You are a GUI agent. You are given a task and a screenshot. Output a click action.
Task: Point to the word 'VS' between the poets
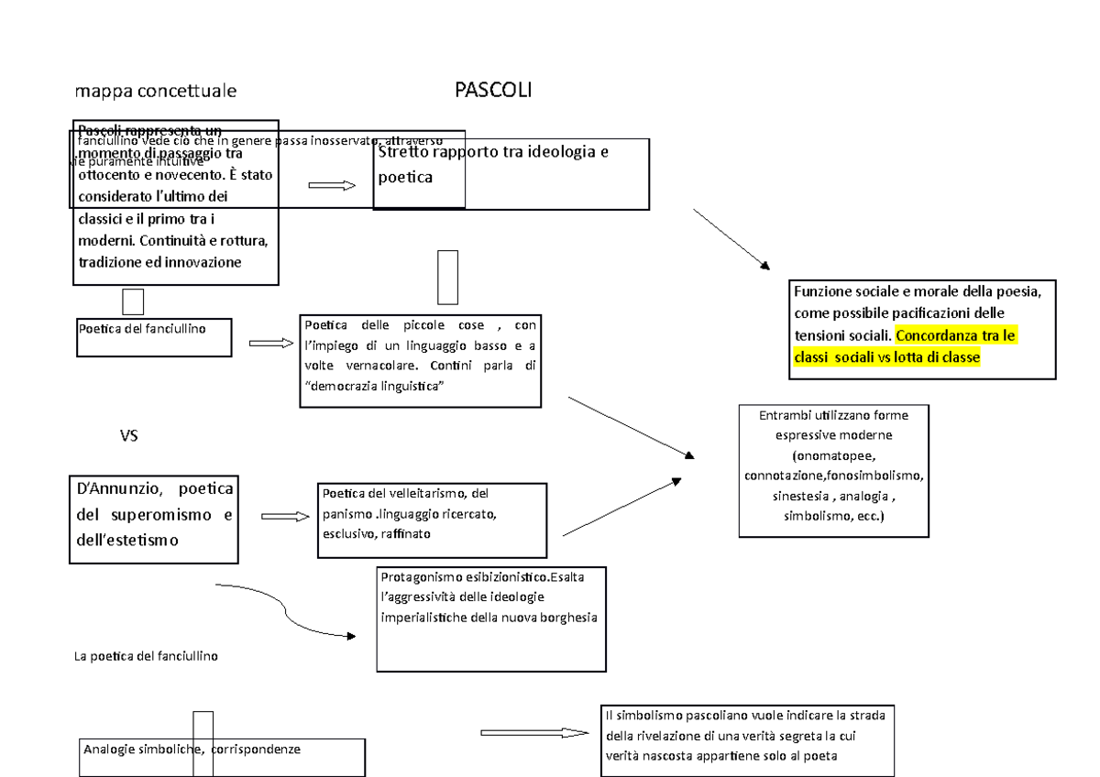coord(129,436)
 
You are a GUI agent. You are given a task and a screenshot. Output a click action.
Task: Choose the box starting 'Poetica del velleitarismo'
coord(432,513)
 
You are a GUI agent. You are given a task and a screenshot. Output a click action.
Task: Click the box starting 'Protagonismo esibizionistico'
coord(490,618)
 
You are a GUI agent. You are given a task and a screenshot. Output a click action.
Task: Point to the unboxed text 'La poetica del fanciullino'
coord(145,656)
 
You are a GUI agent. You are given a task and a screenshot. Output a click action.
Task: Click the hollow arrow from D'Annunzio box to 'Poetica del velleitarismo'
coord(285,517)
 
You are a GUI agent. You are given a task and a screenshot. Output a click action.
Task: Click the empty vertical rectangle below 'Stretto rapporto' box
coord(448,277)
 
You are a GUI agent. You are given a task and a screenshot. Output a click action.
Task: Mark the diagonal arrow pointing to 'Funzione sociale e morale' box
coord(731,239)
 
